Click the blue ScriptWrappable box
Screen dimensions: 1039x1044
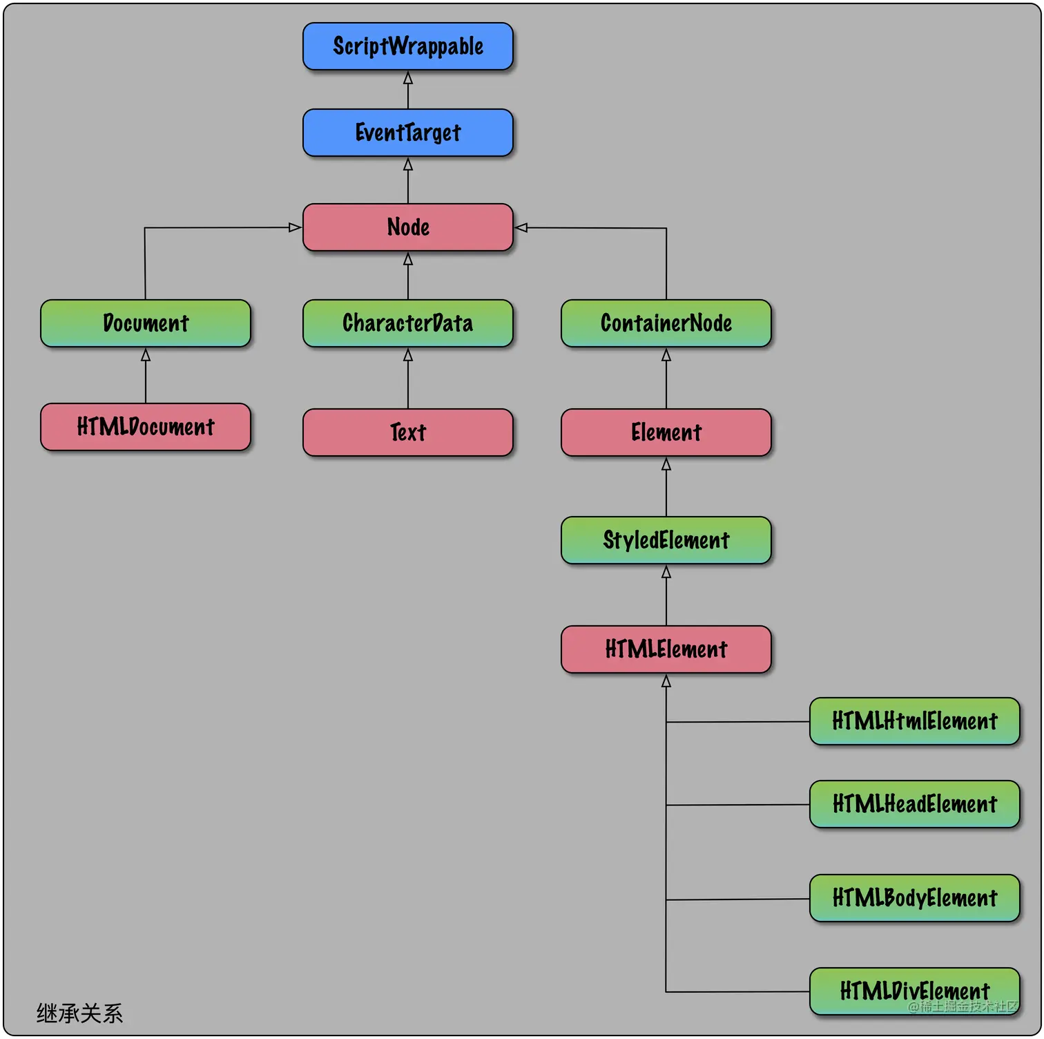click(x=407, y=46)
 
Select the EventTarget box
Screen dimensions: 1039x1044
click(x=407, y=133)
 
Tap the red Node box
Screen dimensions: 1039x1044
click(x=407, y=227)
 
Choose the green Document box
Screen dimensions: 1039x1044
click(x=145, y=323)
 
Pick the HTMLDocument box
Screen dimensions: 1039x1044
click(x=145, y=427)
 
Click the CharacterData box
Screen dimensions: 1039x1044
click(x=407, y=323)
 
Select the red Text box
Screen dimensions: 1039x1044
click(x=407, y=432)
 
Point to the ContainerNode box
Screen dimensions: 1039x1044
click(x=666, y=323)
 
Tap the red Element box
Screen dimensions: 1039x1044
click(x=666, y=432)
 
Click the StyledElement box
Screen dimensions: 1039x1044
click(x=666, y=540)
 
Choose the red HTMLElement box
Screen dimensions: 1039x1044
click(x=666, y=649)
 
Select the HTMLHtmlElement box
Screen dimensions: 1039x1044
click(x=914, y=721)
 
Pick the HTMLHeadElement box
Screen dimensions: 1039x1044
click(x=914, y=804)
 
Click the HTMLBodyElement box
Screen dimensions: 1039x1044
click(x=914, y=898)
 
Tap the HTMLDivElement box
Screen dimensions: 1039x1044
click(x=914, y=991)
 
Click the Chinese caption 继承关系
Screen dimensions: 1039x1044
click(x=79, y=1013)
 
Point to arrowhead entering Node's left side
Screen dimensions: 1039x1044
click(x=295, y=227)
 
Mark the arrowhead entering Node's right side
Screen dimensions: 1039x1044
click(x=522, y=227)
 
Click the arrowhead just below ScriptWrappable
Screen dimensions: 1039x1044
click(x=408, y=79)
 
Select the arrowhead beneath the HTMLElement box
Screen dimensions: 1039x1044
click(x=666, y=682)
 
